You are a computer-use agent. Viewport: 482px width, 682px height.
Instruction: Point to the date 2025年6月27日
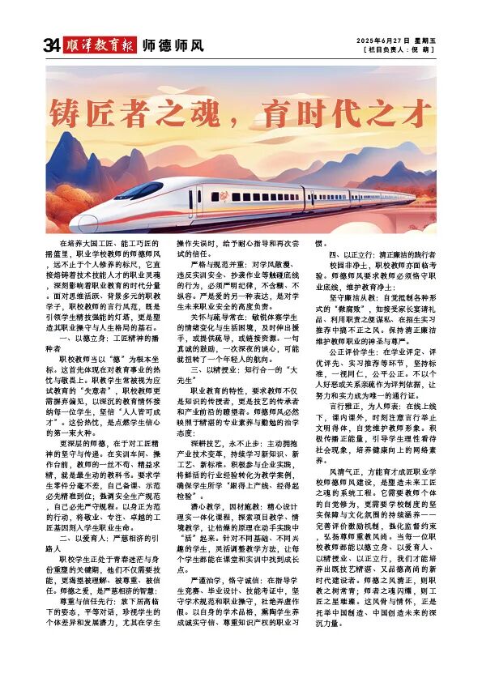coord(386,41)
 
